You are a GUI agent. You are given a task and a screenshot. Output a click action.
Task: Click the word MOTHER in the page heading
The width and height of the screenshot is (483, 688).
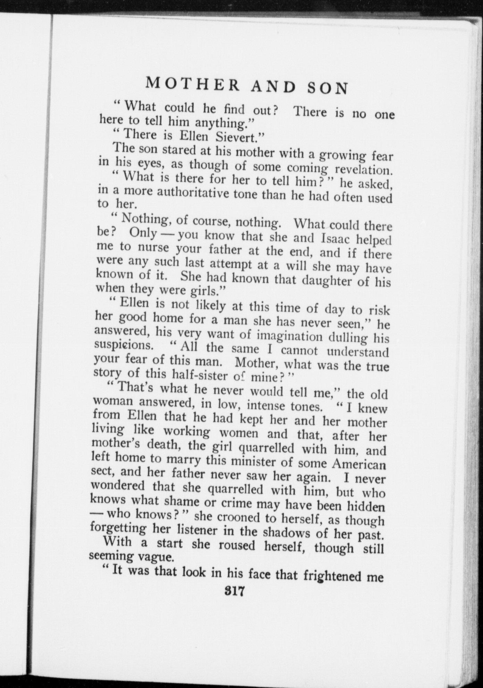click(193, 85)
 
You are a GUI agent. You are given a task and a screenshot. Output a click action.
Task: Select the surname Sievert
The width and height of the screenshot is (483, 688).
click(240, 137)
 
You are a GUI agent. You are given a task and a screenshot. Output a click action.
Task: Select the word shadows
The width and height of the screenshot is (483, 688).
click(289, 532)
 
